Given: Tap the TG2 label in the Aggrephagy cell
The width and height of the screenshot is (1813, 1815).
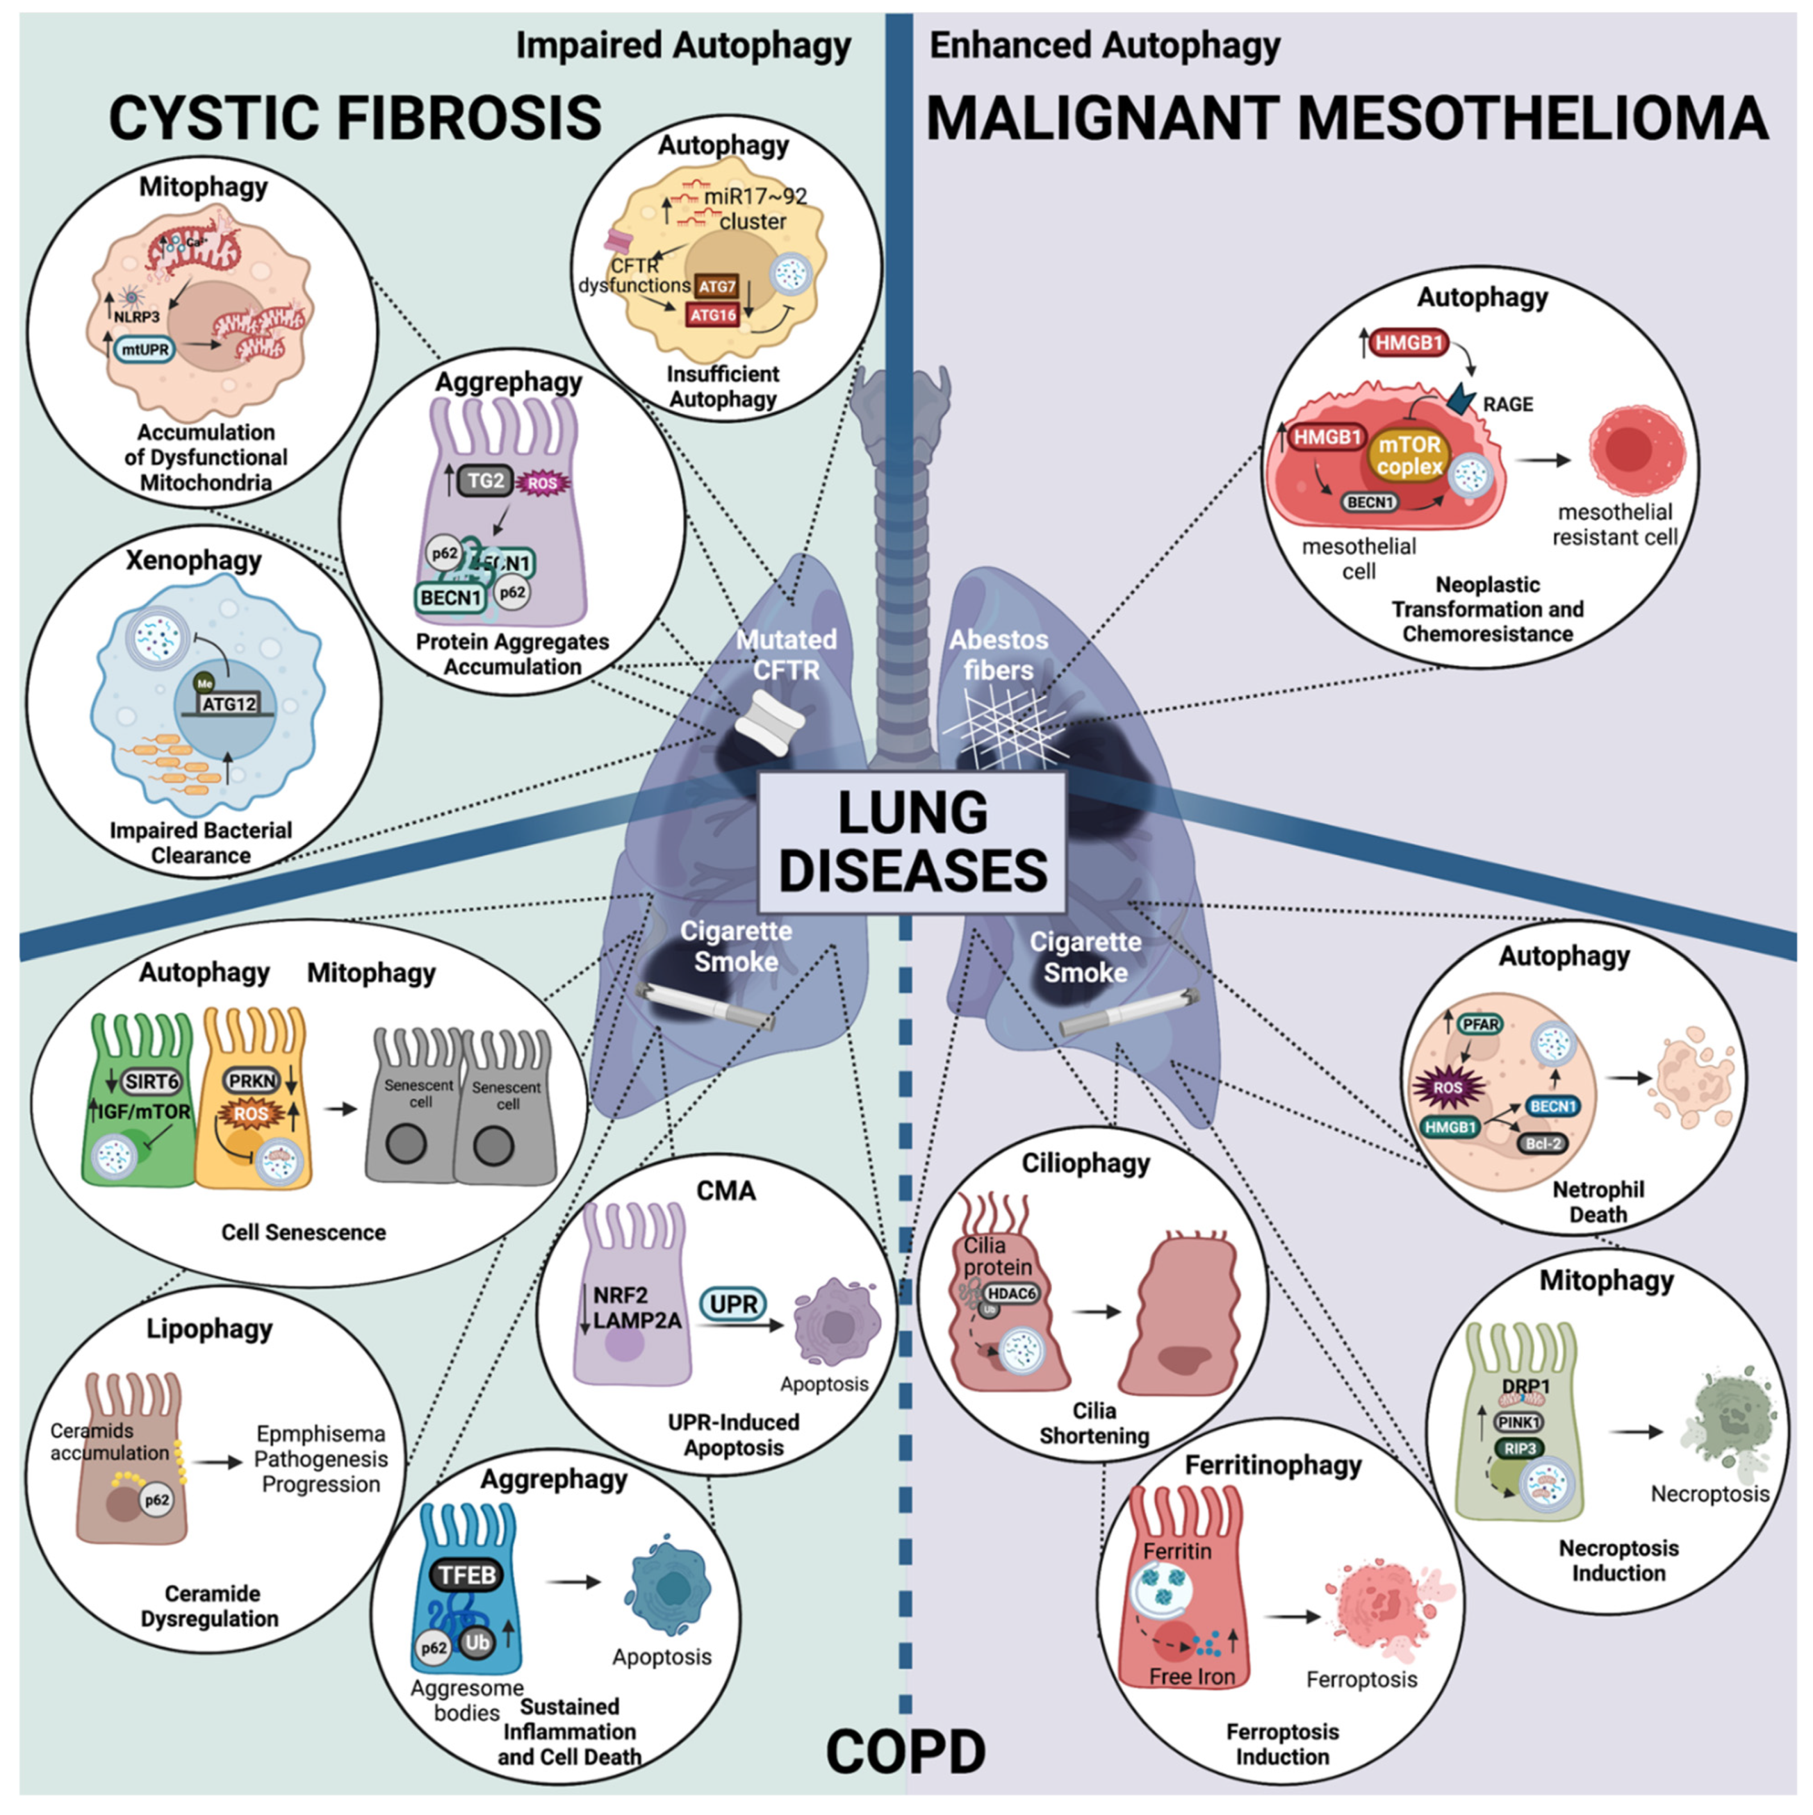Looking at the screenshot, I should tap(485, 481).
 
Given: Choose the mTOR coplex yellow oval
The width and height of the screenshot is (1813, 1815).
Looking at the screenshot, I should tap(1409, 456).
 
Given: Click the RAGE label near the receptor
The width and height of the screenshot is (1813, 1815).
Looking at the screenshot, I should tap(1507, 404).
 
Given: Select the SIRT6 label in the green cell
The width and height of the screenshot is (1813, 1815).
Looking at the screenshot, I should tap(151, 1081).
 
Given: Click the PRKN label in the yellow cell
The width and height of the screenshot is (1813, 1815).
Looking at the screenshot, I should tap(252, 1081).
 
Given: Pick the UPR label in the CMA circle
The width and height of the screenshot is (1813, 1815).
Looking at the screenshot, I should tap(733, 1304).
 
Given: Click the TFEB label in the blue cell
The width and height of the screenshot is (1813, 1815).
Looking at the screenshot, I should tap(467, 1574).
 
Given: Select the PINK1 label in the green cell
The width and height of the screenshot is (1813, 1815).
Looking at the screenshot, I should tap(1518, 1422).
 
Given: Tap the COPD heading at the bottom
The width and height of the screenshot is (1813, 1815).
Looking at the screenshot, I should tap(905, 1751).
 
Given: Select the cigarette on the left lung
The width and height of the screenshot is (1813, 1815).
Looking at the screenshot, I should tap(704, 1005).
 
